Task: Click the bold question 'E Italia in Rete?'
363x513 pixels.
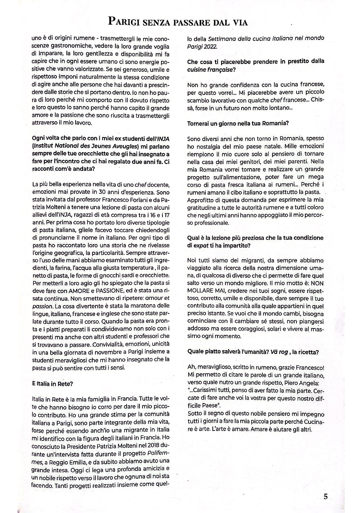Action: (53, 384)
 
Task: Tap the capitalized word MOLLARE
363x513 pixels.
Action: (200, 291)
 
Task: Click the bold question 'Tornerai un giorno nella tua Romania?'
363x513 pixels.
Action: (238, 123)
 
